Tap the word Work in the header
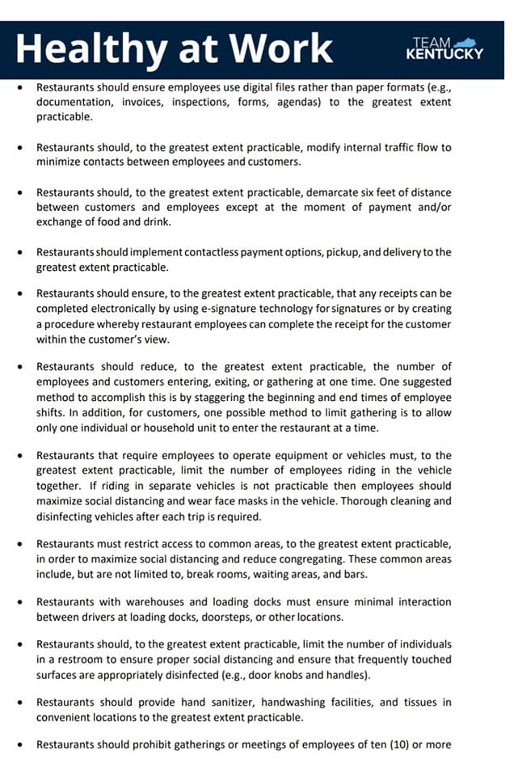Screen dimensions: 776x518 pos(282,48)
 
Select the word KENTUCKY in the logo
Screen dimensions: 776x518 pos(444,55)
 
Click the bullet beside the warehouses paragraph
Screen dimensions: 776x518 pos(20,603)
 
